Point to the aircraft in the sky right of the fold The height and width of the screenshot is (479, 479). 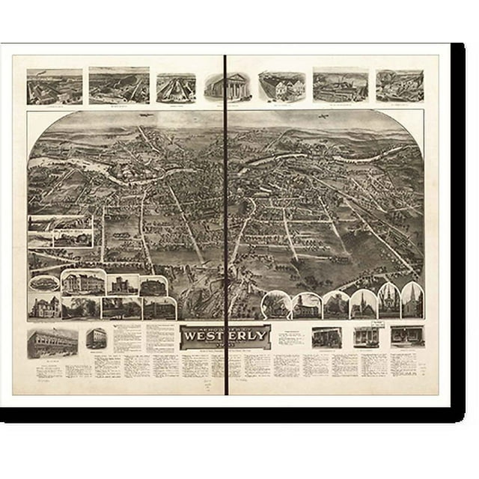(x=324, y=119)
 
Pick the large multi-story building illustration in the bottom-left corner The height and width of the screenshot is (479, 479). (x=52, y=343)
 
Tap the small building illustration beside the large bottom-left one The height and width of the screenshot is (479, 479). (x=96, y=338)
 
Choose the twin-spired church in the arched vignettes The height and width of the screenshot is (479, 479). (x=388, y=301)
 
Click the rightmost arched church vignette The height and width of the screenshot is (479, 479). (x=412, y=301)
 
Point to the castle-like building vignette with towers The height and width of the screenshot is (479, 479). (x=123, y=284)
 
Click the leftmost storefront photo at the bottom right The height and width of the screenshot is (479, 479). (x=326, y=337)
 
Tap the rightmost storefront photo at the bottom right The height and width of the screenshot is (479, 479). (x=407, y=336)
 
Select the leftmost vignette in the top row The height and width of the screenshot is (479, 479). (x=54, y=87)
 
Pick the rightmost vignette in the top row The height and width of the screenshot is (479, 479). (x=399, y=86)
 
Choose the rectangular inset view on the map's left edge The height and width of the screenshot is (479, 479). (x=61, y=231)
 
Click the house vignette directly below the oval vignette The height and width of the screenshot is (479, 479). (x=45, y=307)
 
